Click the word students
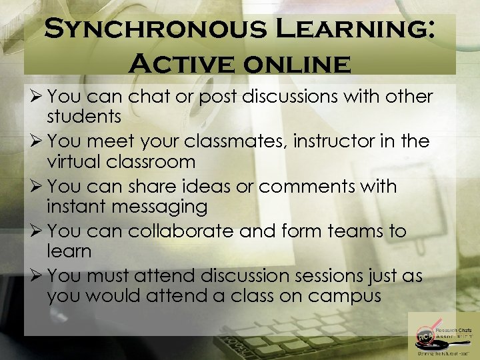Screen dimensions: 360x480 (x=84, y=117)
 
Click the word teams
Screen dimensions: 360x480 (x=359, y=231)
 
